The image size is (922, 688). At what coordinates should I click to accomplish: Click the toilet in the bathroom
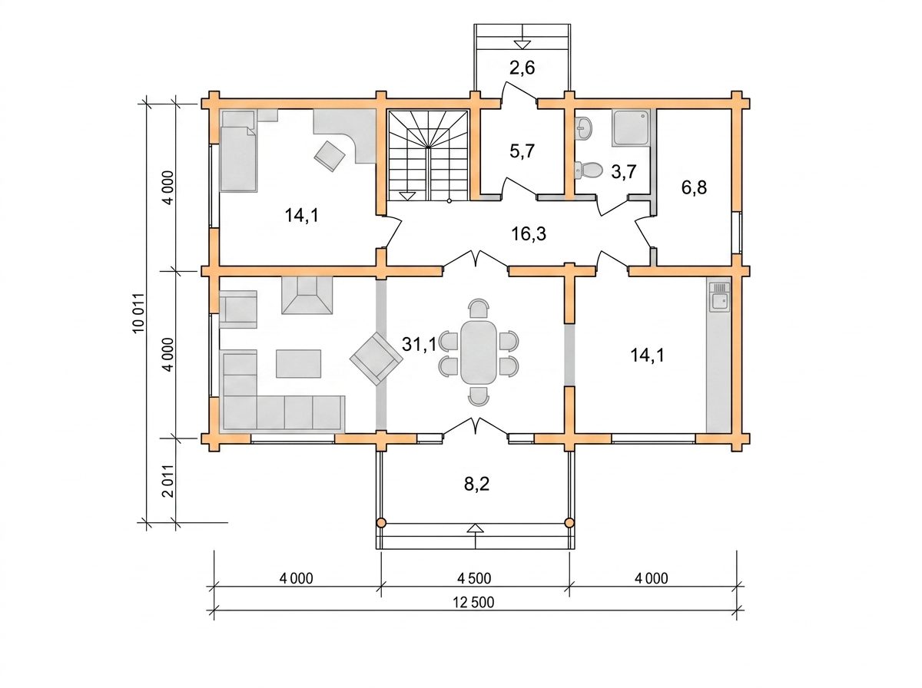coord(588,170)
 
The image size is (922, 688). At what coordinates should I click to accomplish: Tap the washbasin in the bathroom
coord(584,127)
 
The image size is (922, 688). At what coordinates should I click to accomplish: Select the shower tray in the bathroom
coord(630,127)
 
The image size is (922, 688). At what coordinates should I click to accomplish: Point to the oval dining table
coord(479,352)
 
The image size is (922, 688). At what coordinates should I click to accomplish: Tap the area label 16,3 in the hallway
coord(529,233)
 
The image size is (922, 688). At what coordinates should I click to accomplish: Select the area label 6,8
coord(694,187)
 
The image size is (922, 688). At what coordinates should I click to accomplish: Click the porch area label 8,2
coord(477,485)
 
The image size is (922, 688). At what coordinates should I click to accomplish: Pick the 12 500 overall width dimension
coord(473,603)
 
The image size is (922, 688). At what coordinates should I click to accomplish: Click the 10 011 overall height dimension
coord(139,313)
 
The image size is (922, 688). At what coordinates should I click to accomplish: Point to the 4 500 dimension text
coord(474,578)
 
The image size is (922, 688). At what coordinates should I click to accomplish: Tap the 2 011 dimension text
coord(168,481)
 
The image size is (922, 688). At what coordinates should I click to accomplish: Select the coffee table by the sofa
coord(299,363)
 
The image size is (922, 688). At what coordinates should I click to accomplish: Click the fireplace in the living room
coord(307,295)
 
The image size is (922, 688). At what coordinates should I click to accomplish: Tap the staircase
coord(428,156)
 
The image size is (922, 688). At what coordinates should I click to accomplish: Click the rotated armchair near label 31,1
coord(376,359)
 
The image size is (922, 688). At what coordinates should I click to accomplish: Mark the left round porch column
coord(381,523)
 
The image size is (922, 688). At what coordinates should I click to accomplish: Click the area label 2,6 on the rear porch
coord(522,68)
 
